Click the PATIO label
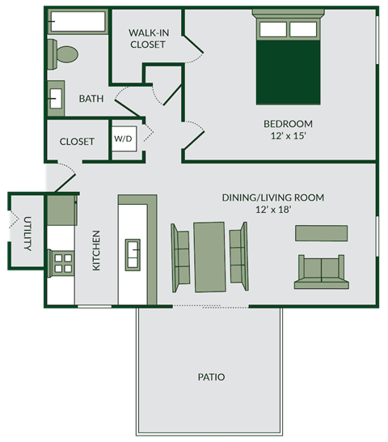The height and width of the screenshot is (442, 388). click(x=210, y=377)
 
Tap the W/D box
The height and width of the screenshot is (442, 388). click(x=123, y=138)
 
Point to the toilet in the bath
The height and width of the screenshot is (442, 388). click(x=63, y=54)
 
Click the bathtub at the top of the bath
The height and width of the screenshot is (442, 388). click(x=78, y=22)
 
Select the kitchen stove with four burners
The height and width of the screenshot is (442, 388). click(x=61, y=261)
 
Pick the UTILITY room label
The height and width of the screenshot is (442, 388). click(x=27, y=233)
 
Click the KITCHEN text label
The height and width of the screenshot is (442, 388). click(x=96, y=250)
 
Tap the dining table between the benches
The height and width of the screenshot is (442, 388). click(x=209, y=256)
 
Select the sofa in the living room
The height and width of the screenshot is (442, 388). click(x=322, y=272)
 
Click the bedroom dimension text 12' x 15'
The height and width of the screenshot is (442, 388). click(x=288, y=137)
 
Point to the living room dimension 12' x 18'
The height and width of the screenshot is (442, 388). click(x=273, y=210)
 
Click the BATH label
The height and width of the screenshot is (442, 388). click(x=91, y=99)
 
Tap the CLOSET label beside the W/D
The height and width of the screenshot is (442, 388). click(x=77, y=142)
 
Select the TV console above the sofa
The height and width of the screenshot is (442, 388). click(x=322, y=233)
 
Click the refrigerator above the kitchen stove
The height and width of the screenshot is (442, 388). click(x=61, y=210)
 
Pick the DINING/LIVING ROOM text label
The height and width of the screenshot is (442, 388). click(x=273, y=197)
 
